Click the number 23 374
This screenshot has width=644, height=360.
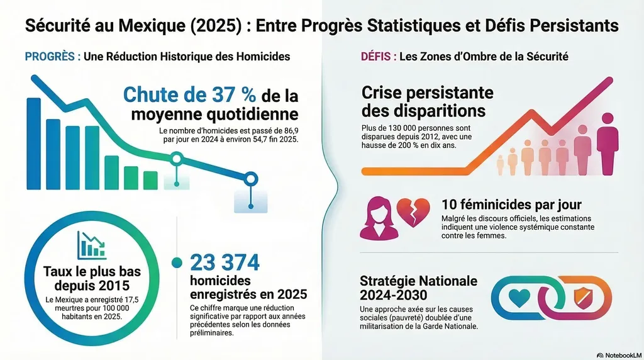pyautogui.click(x=225, y=262)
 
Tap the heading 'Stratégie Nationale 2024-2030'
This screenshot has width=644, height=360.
pyautogui.click(x=418, y=288)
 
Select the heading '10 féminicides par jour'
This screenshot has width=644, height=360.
pyautogui.click(x=511, y=205)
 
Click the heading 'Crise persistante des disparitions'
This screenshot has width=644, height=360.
pyautogui.click(x=427, y=101)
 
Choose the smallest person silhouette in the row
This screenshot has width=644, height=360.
pyautogui.click(x=501, y=165)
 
